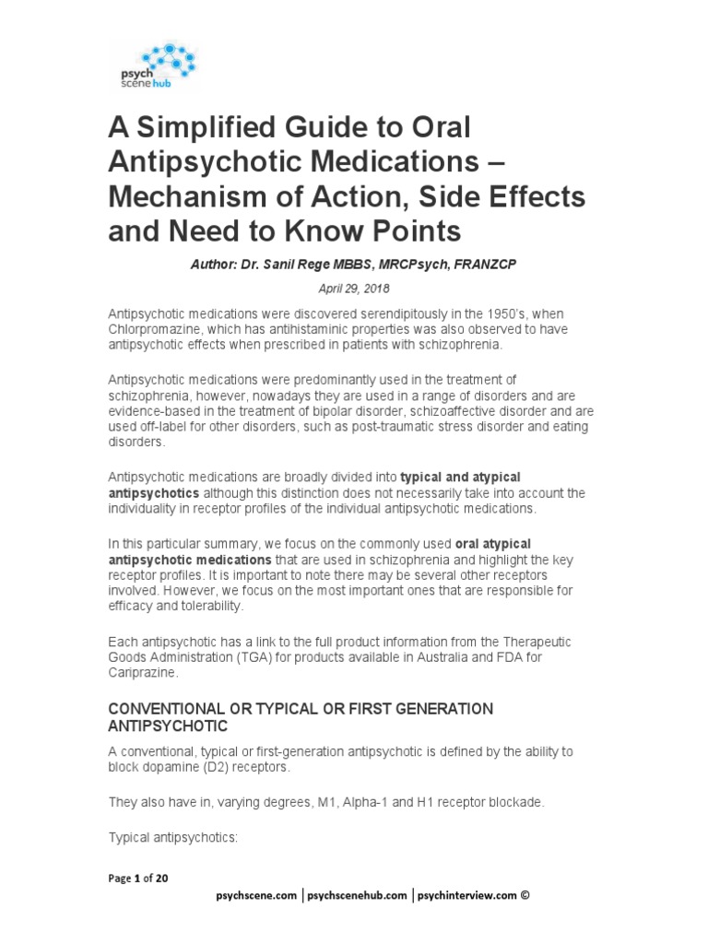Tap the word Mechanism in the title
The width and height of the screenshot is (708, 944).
201,196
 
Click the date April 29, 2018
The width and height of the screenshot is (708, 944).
353,288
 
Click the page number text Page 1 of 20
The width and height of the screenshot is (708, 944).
138,878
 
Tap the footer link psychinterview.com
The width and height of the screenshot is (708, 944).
466,894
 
